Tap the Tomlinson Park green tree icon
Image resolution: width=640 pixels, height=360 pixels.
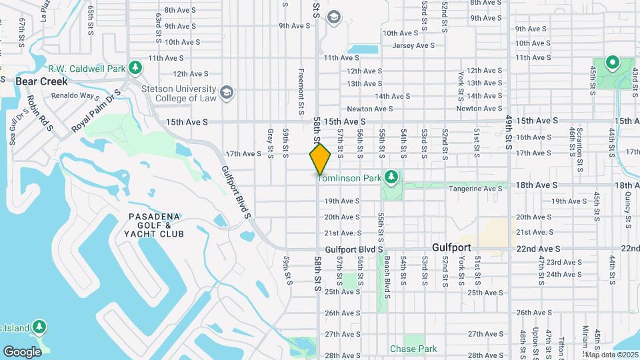[x=392, y=177]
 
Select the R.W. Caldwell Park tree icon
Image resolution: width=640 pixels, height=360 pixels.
[x=135, y=67]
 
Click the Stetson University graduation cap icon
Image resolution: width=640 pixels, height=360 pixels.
[x=227, y=92]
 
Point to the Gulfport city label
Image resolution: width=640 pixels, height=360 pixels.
[x=451, y=247]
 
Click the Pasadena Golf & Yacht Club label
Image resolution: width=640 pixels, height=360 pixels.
[x=153, y=226]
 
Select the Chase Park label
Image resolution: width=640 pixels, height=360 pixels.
[x=413, y=349]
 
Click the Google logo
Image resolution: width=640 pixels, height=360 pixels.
[x=23, y=351]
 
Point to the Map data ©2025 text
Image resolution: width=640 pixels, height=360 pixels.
[x=611, y=355]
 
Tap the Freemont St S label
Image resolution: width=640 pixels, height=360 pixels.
[x=301, y=87]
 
